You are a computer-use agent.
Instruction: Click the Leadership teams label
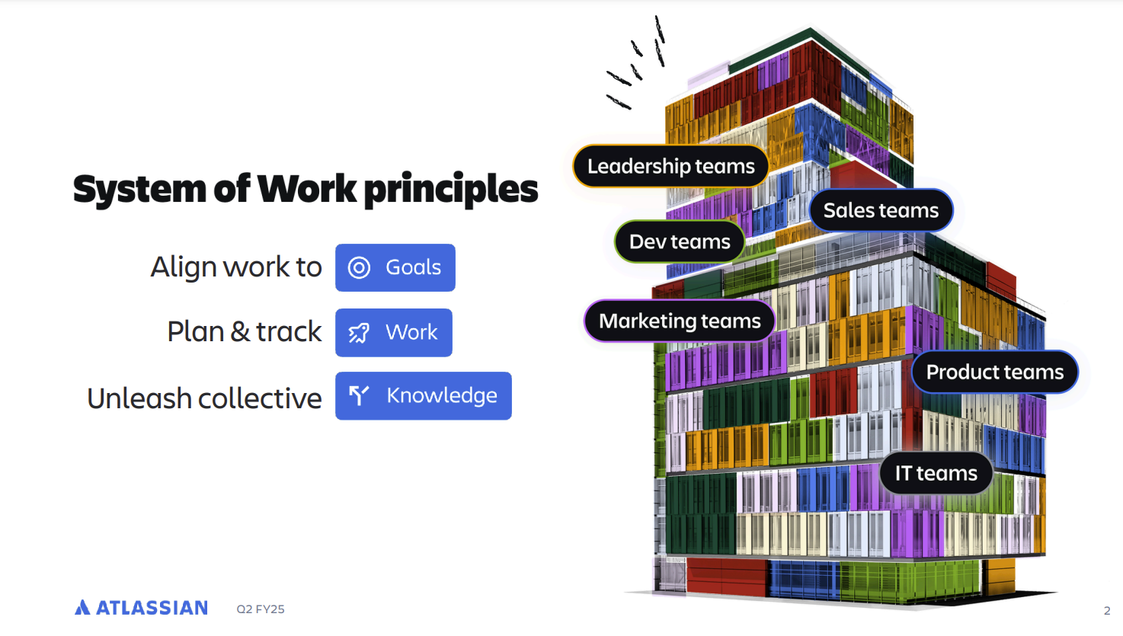click(670, 166)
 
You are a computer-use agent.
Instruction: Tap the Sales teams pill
click(881, 210)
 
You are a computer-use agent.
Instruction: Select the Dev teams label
click(680, 241)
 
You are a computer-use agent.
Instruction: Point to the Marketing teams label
click(680, 321)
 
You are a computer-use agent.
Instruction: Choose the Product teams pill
click(995, 372)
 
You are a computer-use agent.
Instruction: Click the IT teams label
click(936, 473)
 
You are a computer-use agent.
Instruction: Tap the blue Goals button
click(395, 267)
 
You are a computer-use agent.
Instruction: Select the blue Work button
click(394, 332)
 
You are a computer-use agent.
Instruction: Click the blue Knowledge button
click(423, 396)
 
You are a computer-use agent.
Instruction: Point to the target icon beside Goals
click(359, 267)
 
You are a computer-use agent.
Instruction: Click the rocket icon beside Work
click(359, 333)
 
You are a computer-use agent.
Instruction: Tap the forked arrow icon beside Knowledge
click(359, 396)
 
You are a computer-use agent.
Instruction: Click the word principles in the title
click(451, 190)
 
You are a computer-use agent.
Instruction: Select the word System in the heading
click(139, 190)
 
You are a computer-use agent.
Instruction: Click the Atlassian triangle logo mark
click(82, 607)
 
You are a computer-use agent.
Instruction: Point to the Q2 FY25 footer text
click(261, 609)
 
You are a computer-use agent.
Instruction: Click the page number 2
click(1107, 610)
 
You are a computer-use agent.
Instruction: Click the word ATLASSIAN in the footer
click(152, 608)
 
